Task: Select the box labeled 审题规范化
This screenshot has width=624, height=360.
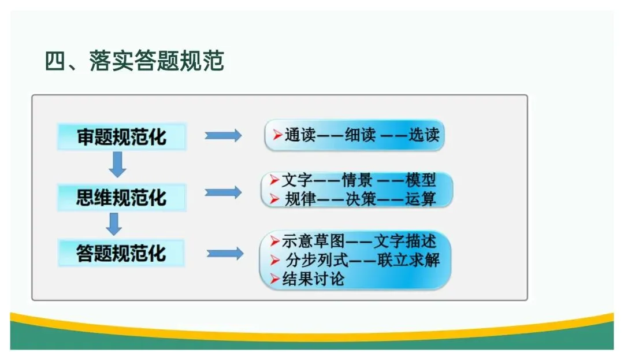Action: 121,137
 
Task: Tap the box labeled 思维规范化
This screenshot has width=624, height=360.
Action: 121,198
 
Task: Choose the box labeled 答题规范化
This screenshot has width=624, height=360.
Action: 121,253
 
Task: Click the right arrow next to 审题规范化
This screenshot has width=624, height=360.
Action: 223,136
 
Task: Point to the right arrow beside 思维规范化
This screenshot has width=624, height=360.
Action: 223,192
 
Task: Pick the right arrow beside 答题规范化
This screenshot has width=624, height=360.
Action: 225,253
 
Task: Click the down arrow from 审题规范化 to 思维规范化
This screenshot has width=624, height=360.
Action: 118,165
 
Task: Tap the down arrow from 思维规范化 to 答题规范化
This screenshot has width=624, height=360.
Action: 114,224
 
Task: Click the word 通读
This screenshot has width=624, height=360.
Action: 300,135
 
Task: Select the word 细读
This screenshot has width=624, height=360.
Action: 361,135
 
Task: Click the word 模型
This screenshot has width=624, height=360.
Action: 421,180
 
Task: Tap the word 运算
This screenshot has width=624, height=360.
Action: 421,199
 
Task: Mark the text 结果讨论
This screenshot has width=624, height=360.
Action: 314,279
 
